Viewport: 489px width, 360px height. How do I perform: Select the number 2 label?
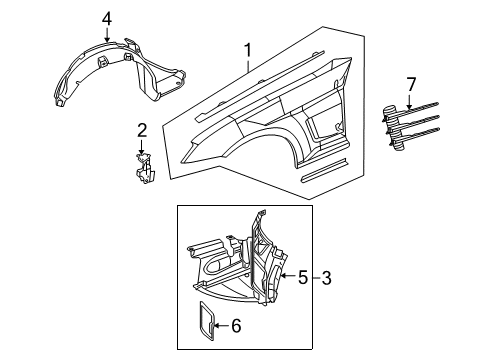pos(142,129)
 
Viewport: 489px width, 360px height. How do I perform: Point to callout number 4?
pos(108,17)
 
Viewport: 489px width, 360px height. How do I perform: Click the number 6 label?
pos(236,326)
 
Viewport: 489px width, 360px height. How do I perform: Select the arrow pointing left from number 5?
pos(287,277)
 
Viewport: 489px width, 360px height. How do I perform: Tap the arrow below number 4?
pos(108,38)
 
